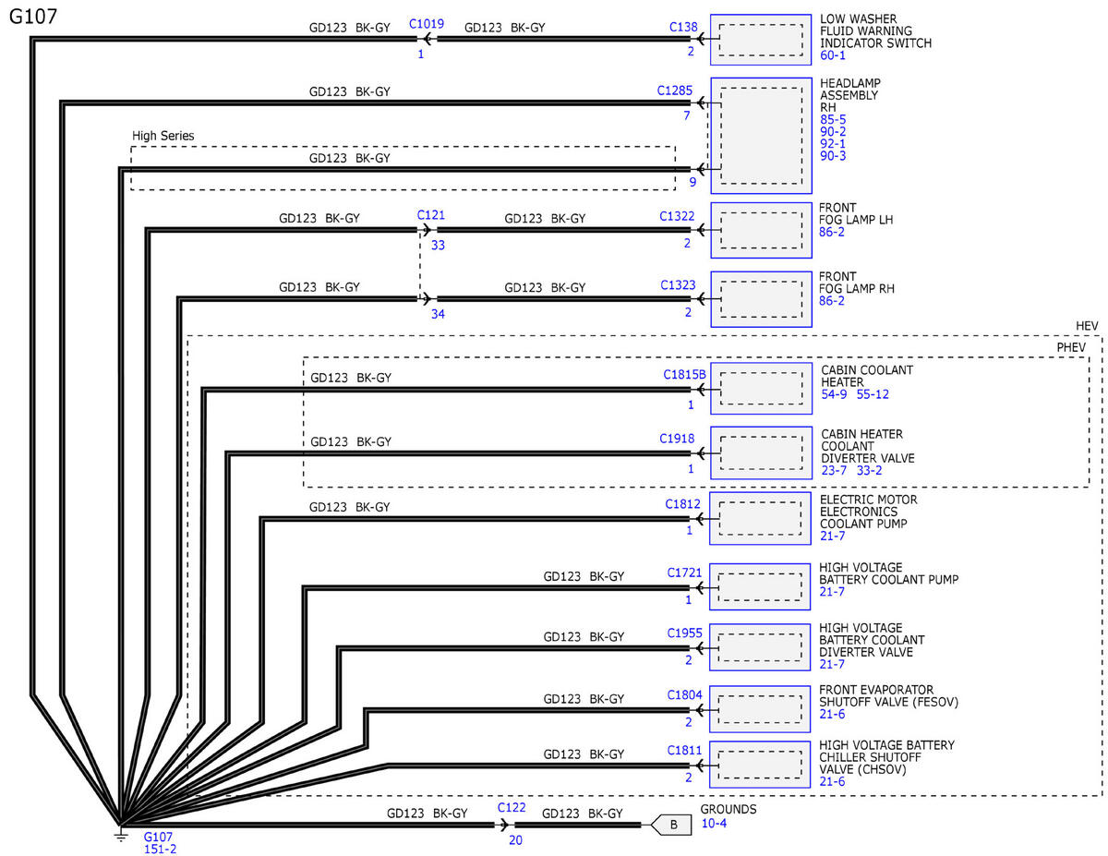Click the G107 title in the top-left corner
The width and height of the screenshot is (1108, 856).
tap(33, 17)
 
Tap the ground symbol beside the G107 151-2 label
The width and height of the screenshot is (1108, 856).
tap(120, 835)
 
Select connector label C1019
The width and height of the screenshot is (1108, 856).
tap(427, 24)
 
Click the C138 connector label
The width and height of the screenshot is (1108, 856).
tap(683, 27)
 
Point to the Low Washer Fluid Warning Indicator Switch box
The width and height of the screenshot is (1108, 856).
tap(760, 40)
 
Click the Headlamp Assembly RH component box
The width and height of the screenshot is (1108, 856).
tap(761, 136)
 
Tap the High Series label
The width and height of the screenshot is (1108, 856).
tap(163, 136)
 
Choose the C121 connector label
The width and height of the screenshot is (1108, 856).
tap(431, 215)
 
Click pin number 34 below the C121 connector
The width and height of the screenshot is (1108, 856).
tap(438, 314)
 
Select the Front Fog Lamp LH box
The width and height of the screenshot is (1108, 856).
tap(761, 231)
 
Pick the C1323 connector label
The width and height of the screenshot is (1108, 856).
tap(678, 285)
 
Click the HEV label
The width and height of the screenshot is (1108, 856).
tap(1087, 326)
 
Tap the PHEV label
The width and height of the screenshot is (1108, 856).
tap(1071, 347)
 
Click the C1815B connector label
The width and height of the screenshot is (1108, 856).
tap(684, 375)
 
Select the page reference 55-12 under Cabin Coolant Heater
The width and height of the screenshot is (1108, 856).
tap(873, 394)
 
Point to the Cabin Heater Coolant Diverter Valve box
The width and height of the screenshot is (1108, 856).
tap(761, 452)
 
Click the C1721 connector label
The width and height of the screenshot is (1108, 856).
tap(684, 573)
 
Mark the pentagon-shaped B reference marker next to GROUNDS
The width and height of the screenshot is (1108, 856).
tap(671, 825)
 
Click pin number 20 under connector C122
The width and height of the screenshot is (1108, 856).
tap(515, 840)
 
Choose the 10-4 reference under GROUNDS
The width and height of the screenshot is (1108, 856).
tap(714, 824)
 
